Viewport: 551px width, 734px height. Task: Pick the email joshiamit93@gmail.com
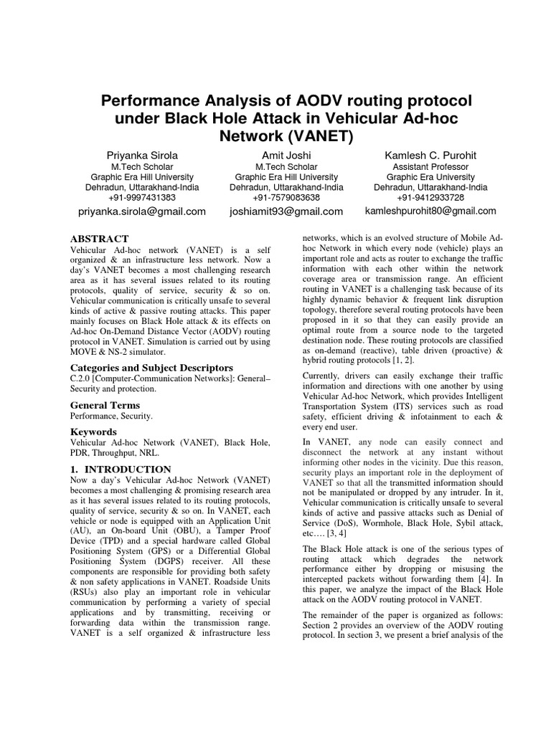(286, 211)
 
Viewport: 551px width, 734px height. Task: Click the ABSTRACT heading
(99, 239)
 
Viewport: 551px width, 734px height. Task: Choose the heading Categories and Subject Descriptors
(151, 368)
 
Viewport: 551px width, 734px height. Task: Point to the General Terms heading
(105, 405)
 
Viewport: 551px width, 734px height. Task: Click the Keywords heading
(93, 432)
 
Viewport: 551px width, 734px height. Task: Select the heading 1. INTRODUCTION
(121, 470)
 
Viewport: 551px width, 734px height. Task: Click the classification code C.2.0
(83, 378)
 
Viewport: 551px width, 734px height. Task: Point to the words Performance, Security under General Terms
(111, 416)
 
